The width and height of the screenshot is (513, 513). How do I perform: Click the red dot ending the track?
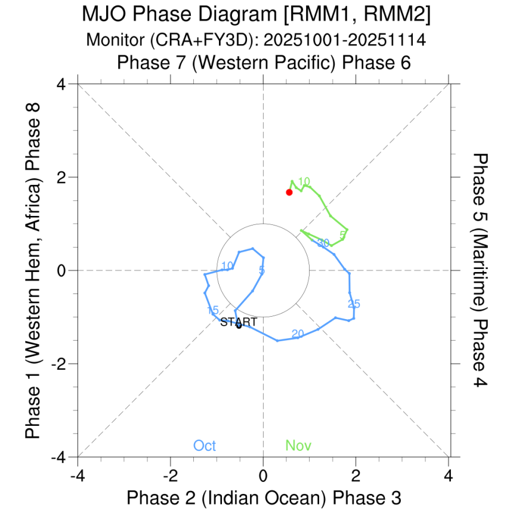point(289,192)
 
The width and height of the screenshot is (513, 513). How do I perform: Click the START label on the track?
point(239,322)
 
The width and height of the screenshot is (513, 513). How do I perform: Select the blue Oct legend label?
point(204,446)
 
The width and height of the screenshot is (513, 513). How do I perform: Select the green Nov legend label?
point(298,446)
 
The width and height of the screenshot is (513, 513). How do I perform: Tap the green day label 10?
point(304,181)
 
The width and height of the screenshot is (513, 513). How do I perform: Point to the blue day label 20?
point(298,333)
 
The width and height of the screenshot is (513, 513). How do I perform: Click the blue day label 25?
point(354,304)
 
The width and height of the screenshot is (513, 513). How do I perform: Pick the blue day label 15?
point(213,311)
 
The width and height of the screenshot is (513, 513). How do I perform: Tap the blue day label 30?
point(323,243)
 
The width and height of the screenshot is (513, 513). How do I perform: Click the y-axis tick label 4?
point(61,84)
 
